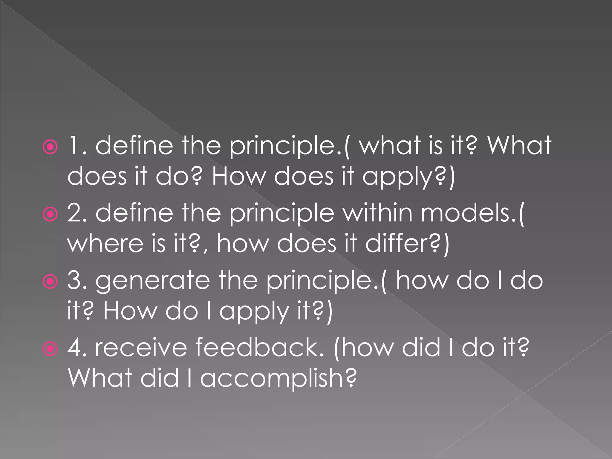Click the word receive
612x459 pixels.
(x=140, y=348)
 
